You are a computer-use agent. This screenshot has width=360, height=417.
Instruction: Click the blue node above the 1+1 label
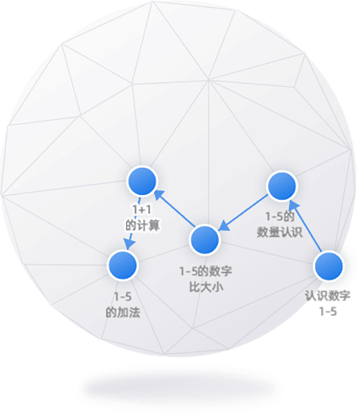[x=142, y=181]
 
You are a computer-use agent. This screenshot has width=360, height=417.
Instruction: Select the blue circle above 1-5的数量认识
[x=282, y=186]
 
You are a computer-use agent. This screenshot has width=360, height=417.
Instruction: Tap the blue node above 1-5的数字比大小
[x=204, y=240]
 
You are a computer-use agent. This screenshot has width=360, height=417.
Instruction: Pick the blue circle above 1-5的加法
[x=122, y=265]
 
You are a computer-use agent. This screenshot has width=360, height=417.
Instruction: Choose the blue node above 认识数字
[x=329, y=267]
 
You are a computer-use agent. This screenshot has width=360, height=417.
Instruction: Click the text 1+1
[x=142, y=210]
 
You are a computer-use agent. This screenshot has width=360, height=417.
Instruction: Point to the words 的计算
[x=143, y=226]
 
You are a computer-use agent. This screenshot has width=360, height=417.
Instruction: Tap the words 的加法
[x=123, y=312]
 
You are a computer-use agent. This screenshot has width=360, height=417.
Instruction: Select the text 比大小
[x=206, y=287]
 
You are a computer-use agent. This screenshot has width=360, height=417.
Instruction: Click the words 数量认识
[x=279, y=232]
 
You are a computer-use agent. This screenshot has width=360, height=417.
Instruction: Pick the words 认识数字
[x=327, y=296]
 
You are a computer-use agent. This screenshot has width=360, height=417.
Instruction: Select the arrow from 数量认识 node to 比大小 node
[x=243, y=212]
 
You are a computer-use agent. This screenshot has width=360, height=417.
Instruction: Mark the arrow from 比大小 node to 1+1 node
[x=175, y=208]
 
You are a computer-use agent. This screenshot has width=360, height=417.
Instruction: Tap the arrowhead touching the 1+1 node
[x=159, y=194]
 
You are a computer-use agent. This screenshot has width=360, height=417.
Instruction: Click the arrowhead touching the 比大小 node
[x=224, y=226]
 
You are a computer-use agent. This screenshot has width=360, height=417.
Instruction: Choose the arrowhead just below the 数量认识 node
[x=294, y=205]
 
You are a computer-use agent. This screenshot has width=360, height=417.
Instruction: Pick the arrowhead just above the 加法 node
[x=129, y=244]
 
